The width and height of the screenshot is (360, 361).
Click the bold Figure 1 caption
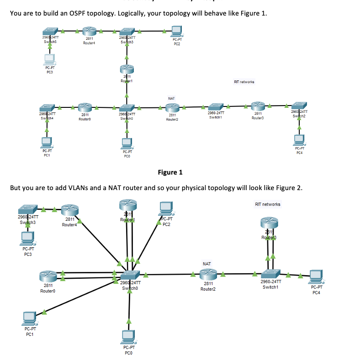169,172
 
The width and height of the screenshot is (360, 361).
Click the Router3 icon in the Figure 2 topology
270,223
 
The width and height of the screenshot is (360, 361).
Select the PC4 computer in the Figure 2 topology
316,276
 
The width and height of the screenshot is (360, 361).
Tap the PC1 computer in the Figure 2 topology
29,318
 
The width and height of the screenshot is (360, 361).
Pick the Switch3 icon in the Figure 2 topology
29,211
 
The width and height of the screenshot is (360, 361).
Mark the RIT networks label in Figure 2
268,204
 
